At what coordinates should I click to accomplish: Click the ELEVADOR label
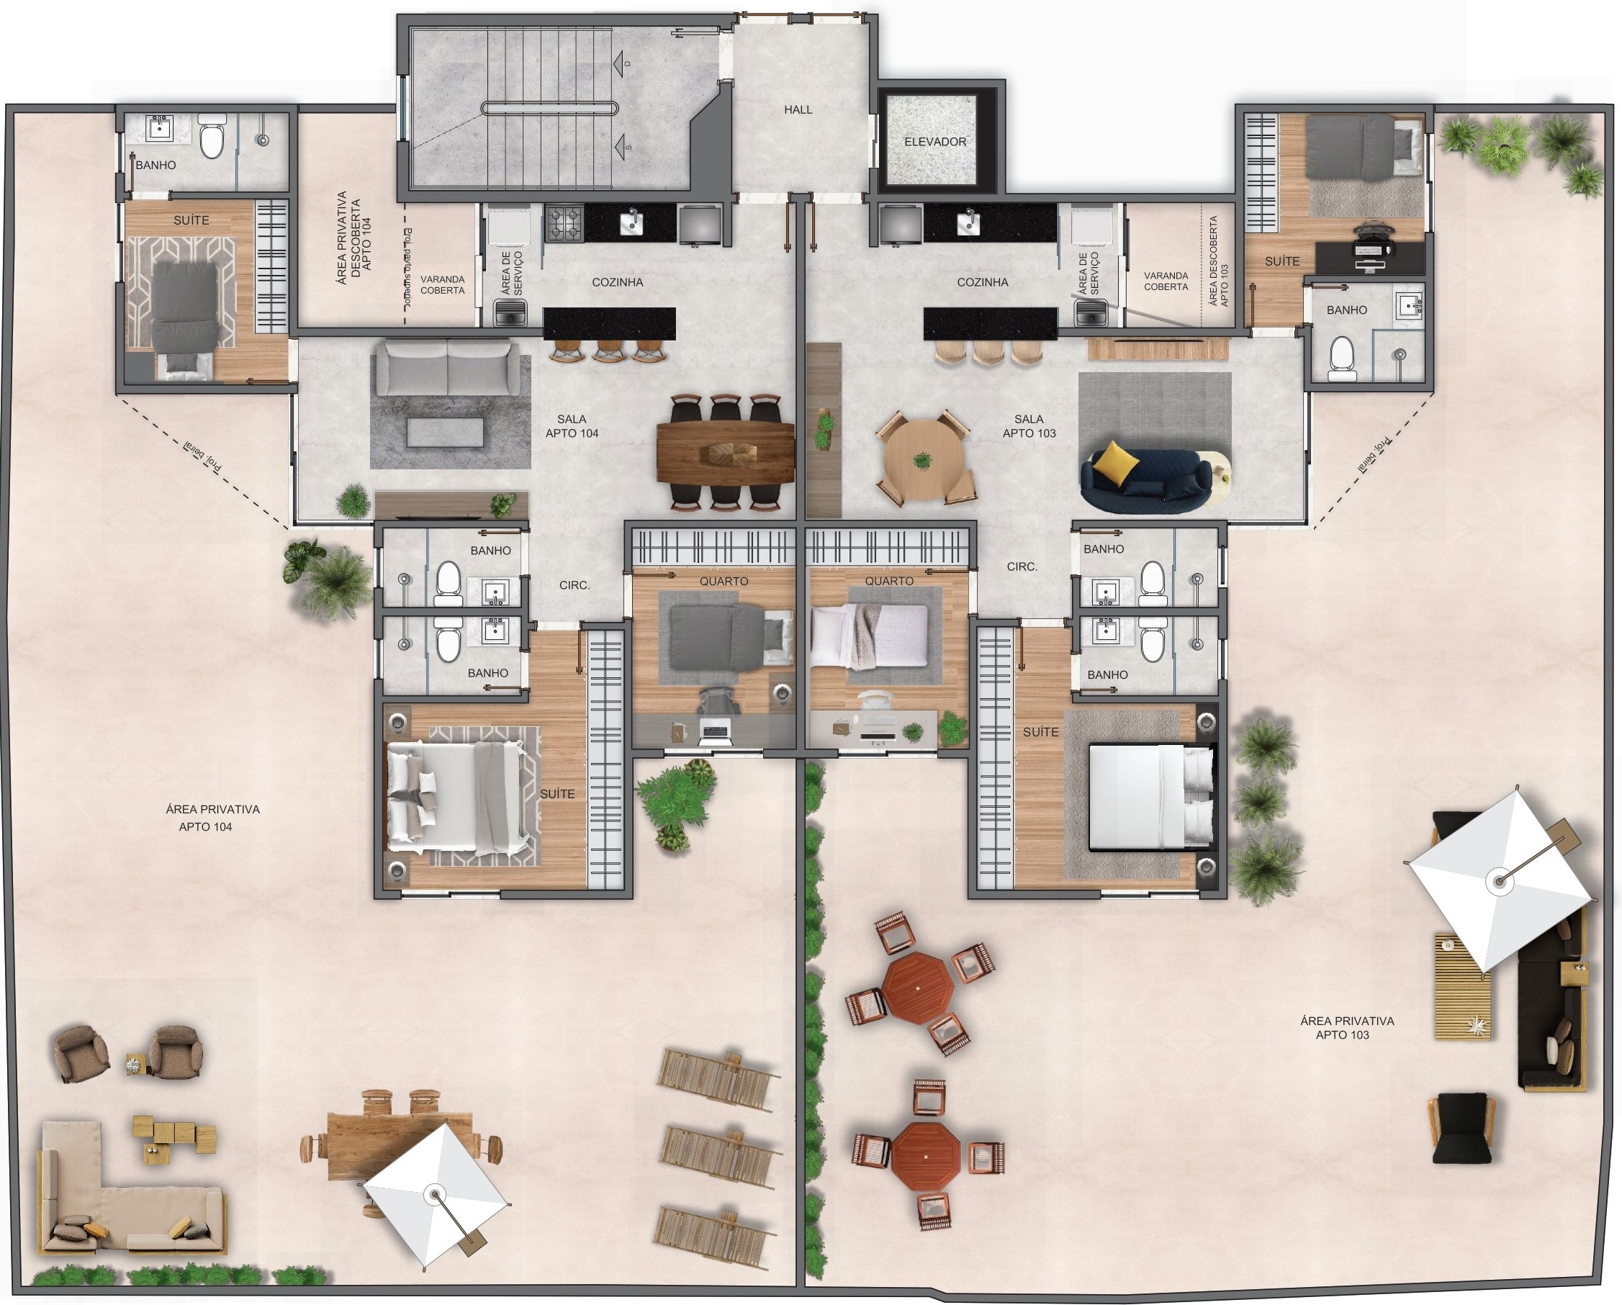pyautogui.click(x=934, y=141)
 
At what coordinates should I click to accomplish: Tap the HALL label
pyautogui.click(x=798, y=110)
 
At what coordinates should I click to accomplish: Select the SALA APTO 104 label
pyautogui.click(x=572, y=425)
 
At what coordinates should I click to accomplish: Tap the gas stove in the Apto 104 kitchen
pyautogui.click(x=564, y=223)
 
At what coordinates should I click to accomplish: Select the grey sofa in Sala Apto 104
pyautogui.click(x=448, y=366)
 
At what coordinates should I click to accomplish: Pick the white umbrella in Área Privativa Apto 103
pyautogui.click(x=1499, y=880)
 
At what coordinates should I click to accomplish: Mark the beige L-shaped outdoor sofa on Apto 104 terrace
pyautogui.click(x=113, y=1204)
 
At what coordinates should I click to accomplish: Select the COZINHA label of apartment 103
pyautogui.click(x=982, y=282)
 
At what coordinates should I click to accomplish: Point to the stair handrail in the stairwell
pyautogui.click(x=549, y=108)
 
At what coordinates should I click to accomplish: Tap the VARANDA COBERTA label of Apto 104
pyautogui.click(x=442, y=284)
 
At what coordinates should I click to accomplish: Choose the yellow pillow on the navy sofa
pyautogui.click(x=1115, y=461)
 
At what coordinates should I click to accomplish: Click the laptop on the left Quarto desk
pyautogui.click(x=715, y=730)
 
